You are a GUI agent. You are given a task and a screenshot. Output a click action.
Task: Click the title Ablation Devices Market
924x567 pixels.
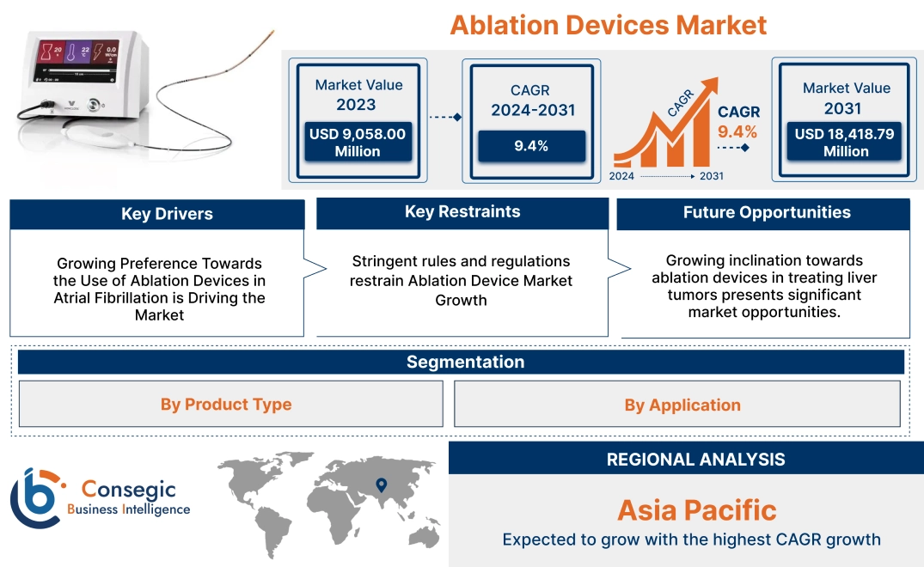609,24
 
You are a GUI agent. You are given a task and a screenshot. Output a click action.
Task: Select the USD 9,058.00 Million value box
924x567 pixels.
357,143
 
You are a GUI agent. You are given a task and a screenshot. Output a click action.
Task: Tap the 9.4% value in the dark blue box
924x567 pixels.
531,145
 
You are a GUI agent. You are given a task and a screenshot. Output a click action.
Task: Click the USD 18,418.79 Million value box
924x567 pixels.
846,143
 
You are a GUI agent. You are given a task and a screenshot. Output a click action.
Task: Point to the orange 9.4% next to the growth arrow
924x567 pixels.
738,131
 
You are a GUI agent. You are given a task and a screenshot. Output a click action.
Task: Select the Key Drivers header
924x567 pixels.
167,214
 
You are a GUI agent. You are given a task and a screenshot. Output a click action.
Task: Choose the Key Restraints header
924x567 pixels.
462,211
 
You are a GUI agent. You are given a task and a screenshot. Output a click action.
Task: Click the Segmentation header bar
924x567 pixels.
465,362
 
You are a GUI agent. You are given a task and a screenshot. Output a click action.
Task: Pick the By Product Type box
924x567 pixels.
226,404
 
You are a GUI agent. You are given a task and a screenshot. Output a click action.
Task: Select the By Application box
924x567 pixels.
682,405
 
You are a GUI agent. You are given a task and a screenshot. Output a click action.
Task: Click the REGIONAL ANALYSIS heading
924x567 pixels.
695,460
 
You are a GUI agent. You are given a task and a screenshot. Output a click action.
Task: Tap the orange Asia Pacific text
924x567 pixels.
696,509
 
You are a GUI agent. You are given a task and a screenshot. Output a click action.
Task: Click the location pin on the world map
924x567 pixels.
381,486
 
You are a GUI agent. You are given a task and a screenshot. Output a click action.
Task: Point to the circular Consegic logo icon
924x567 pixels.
36,498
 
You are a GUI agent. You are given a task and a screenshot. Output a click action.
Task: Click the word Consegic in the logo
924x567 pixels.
128,490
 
